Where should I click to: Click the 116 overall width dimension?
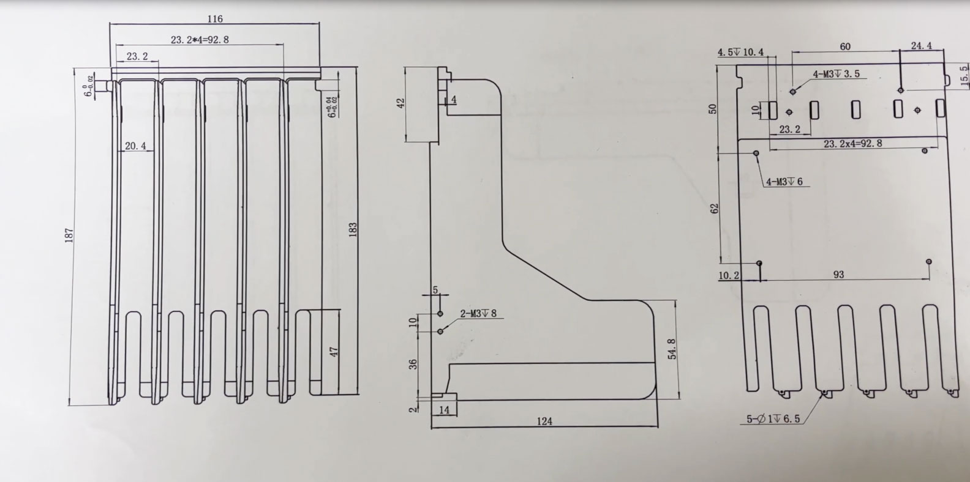(215, 19)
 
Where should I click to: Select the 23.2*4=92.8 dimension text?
(200, 40)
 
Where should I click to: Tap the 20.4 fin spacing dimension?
(135, 146)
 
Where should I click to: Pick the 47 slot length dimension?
(334, 353)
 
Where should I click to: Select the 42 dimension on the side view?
(402, 103)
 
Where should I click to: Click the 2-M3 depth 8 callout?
(478, 314)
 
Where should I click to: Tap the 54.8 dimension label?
(672, 349)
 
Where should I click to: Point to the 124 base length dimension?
(544, 421)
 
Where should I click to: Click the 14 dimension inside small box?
(445, 410)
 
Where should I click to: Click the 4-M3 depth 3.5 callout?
(836, 74)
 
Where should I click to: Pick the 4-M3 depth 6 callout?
(784, 182)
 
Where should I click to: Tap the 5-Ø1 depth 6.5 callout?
(773, 420)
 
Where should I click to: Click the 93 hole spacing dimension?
(838, 275)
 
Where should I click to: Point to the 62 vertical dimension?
(713, 209)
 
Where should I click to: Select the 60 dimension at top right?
(844, 46)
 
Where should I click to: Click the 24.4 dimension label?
(922, 46)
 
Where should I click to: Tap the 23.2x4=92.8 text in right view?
(852, 144)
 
